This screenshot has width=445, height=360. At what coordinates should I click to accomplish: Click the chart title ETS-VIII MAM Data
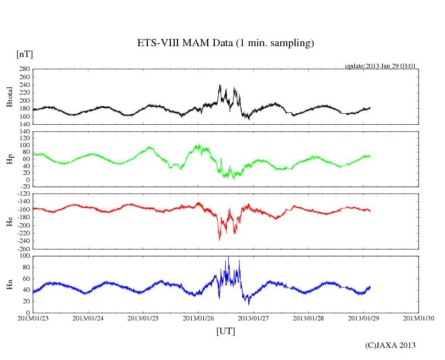[225, 43]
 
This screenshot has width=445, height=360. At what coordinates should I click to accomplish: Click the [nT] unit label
[24, 54]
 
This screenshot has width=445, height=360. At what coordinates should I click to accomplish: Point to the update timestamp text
[380, 66]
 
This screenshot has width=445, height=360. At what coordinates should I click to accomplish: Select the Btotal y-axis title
[9, 97]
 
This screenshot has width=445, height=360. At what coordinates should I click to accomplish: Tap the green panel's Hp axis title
[9, 159]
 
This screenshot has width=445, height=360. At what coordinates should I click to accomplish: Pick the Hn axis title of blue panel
[9, 284]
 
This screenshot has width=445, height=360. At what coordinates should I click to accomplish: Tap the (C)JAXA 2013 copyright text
[390, 345]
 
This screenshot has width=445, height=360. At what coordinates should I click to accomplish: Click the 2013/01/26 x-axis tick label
[199, 318]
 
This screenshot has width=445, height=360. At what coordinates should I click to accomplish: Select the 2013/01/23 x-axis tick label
[33, 318]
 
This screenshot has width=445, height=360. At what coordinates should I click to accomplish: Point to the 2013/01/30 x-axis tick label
[419, 318]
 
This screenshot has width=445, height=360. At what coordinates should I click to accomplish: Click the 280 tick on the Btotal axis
[24, 69]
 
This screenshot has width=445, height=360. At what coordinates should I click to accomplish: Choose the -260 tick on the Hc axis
[23, 248]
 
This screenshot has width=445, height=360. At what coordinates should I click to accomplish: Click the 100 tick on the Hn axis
[24, 256]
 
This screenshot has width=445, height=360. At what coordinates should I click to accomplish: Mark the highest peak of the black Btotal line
[220, 85]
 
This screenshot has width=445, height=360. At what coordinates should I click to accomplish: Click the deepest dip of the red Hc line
[220, 240]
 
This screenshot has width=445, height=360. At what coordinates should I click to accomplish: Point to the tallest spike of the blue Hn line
[229, 257]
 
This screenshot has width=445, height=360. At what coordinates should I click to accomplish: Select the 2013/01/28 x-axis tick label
[309, 318]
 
